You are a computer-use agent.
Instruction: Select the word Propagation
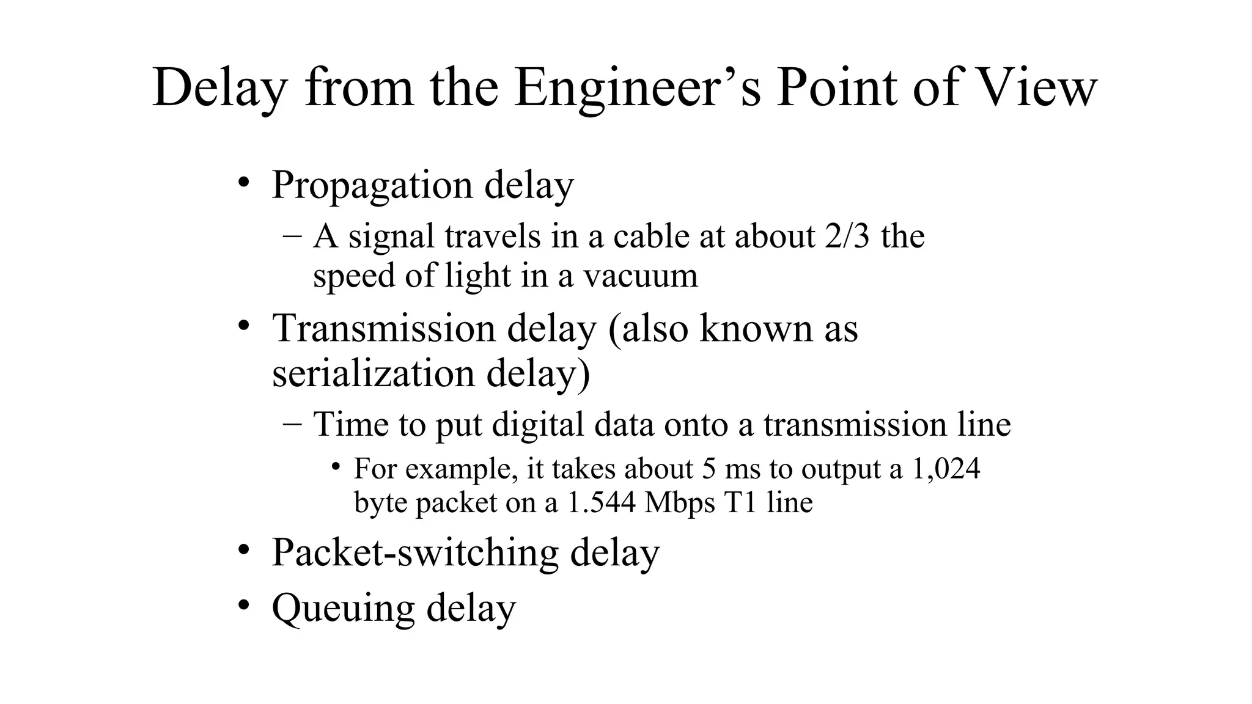point(372,185)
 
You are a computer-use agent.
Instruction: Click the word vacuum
point(640,276)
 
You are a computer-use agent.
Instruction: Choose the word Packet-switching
point(414,553)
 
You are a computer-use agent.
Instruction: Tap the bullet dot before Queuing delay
point(244,605)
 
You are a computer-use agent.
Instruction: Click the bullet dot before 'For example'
point(336,468)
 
